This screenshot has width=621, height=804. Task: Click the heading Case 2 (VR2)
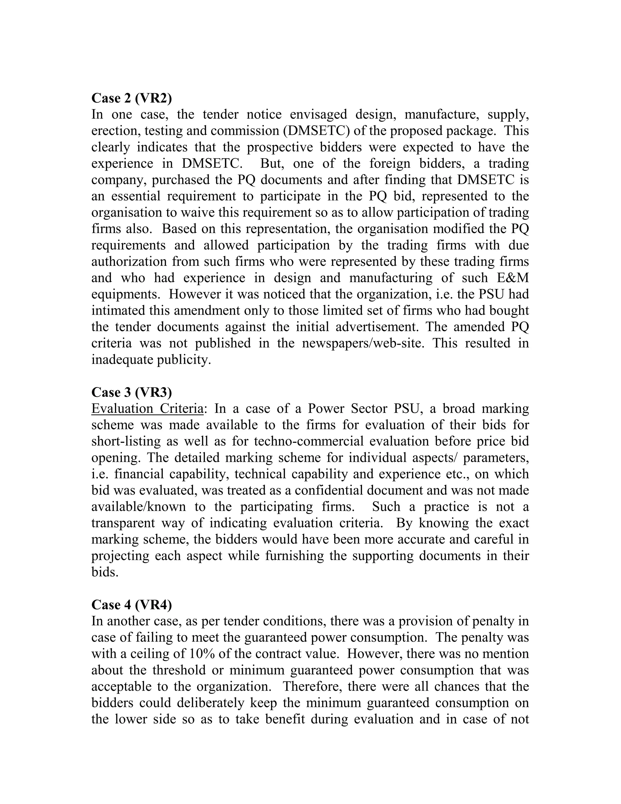(131, 98)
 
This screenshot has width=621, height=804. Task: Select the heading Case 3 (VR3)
(131, 392)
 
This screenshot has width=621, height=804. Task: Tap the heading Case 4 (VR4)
(131, 605)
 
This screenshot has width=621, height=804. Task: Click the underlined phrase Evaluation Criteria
(147, 409)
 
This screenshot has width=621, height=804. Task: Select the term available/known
(139, 507)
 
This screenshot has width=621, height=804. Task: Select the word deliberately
(211, 703)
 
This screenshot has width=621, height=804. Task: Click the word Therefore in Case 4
(312, 687)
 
